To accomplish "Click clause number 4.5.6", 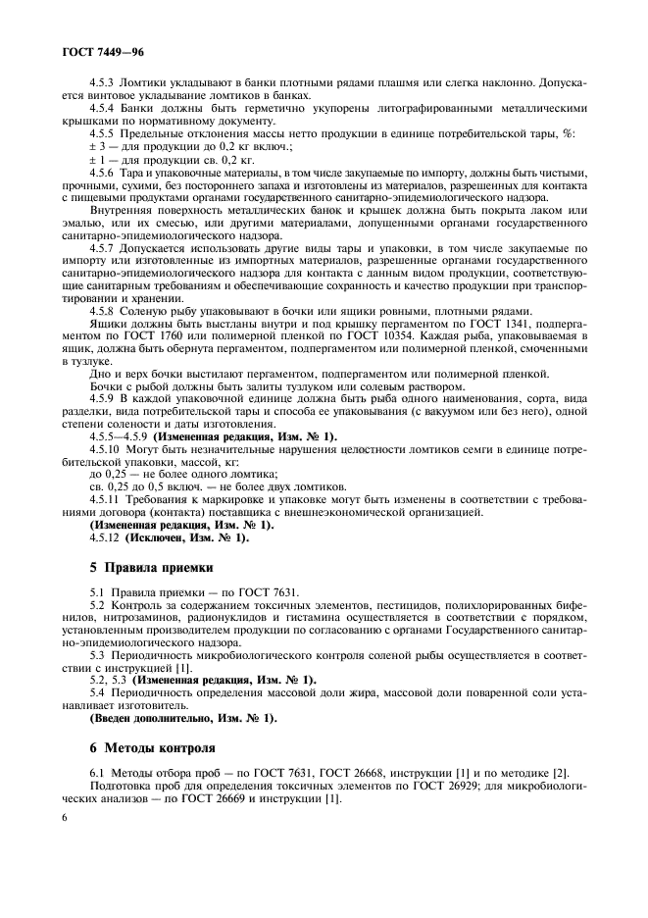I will [104, 172].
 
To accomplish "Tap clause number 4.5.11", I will [106, 499].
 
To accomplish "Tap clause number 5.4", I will [97, 692].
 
